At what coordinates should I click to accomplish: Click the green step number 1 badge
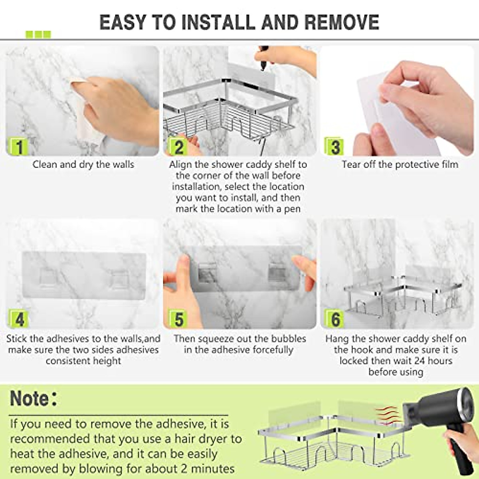[x=19, y=146]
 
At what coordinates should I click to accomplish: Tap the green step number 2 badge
[x=178, y=146]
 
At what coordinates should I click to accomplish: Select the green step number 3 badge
[x=335, y=146]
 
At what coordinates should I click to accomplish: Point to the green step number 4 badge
[x=19, y=319]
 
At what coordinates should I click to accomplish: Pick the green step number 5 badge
[x=178, y=319]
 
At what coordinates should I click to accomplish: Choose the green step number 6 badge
[x=335, y=319]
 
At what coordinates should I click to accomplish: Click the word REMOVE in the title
[x=342, y=22]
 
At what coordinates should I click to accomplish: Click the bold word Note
[x=29, y=398]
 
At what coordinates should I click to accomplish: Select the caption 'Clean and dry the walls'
[x=83, y=164]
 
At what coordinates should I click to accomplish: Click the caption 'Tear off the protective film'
[x=400, y=164]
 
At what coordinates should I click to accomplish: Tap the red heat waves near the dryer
[x=387, y=415]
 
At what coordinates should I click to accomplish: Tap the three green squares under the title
[x=38, y=35]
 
